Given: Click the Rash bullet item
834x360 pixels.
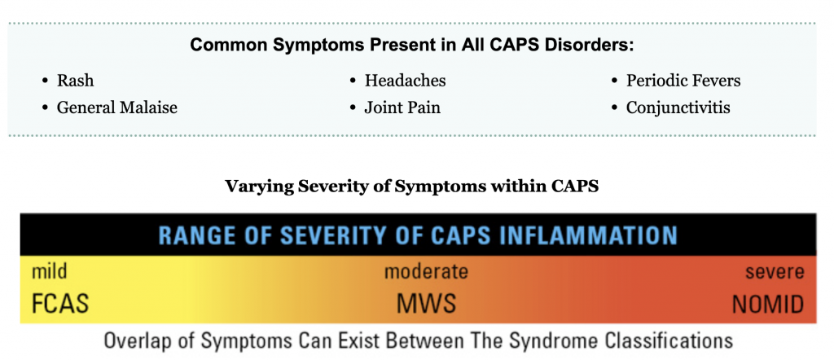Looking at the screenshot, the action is tap(75, 81).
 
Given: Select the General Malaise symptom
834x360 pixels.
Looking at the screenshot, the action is tap(117, 108).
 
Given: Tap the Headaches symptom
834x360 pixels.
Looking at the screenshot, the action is tap(406, 81).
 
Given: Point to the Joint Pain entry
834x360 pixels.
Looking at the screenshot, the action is tap(402, 108).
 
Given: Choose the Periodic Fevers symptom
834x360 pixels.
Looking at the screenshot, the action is tap(683, 81).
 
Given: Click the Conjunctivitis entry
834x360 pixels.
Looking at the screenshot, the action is tap(678, 108).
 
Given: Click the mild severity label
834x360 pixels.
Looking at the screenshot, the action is tap(50, 271).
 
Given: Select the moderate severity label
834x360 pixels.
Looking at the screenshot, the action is tap(426, 272).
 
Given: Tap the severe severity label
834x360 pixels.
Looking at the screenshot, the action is tap(775, 272).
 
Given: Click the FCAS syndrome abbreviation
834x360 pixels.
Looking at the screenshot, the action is tap(60, 304).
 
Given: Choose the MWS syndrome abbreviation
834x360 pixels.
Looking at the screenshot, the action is tap(427, 304).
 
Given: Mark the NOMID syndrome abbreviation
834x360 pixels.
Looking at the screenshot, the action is tap(768, 305).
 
